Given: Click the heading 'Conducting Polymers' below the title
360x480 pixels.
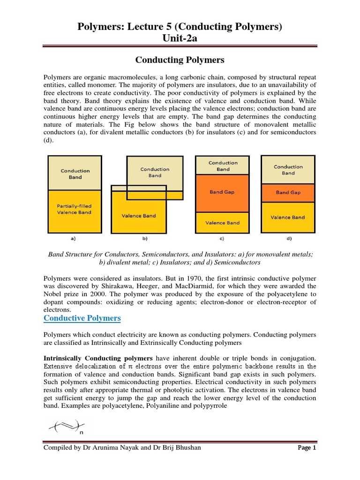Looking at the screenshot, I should (x=180, y=60).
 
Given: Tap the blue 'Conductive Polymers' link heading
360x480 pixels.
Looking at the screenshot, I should (x=82, y=318).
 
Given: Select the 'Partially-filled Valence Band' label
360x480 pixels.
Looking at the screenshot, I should (x=75, y=209).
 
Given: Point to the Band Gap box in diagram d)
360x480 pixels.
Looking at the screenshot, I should (x=288, y=193).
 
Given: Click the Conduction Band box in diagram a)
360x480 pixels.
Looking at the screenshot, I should (x=75, y=174).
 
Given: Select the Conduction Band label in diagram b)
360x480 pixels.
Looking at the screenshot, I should (x=155, y=172).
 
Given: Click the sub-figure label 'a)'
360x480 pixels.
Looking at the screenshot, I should (x=73, y=239).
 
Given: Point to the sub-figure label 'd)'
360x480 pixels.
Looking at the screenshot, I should (x=288, y=239).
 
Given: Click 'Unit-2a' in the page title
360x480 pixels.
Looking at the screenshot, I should (x=180, y=38).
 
